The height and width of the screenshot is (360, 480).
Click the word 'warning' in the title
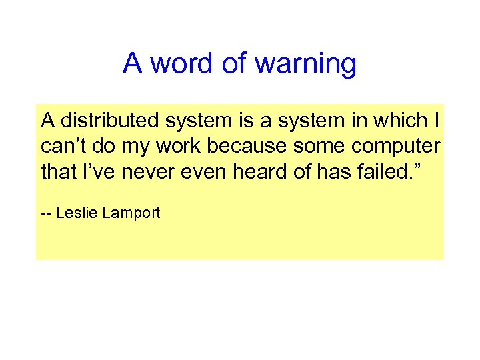(306, 64)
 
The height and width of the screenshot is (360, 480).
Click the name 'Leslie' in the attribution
(77, 213)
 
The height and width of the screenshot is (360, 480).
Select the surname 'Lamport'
(131, 213)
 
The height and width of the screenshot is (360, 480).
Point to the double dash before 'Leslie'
(47, 214)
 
